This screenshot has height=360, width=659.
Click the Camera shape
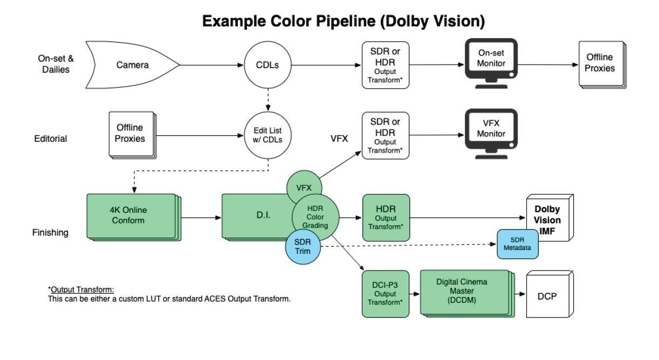[132, 66]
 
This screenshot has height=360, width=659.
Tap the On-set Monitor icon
[491, 64]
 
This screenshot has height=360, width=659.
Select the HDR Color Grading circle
[315, 217]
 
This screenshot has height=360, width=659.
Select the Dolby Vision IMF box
[547, 220]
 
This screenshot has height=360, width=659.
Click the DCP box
[547, 295]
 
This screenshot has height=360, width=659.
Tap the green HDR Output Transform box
[386, 218]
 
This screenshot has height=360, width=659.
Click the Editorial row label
[50, 139]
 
